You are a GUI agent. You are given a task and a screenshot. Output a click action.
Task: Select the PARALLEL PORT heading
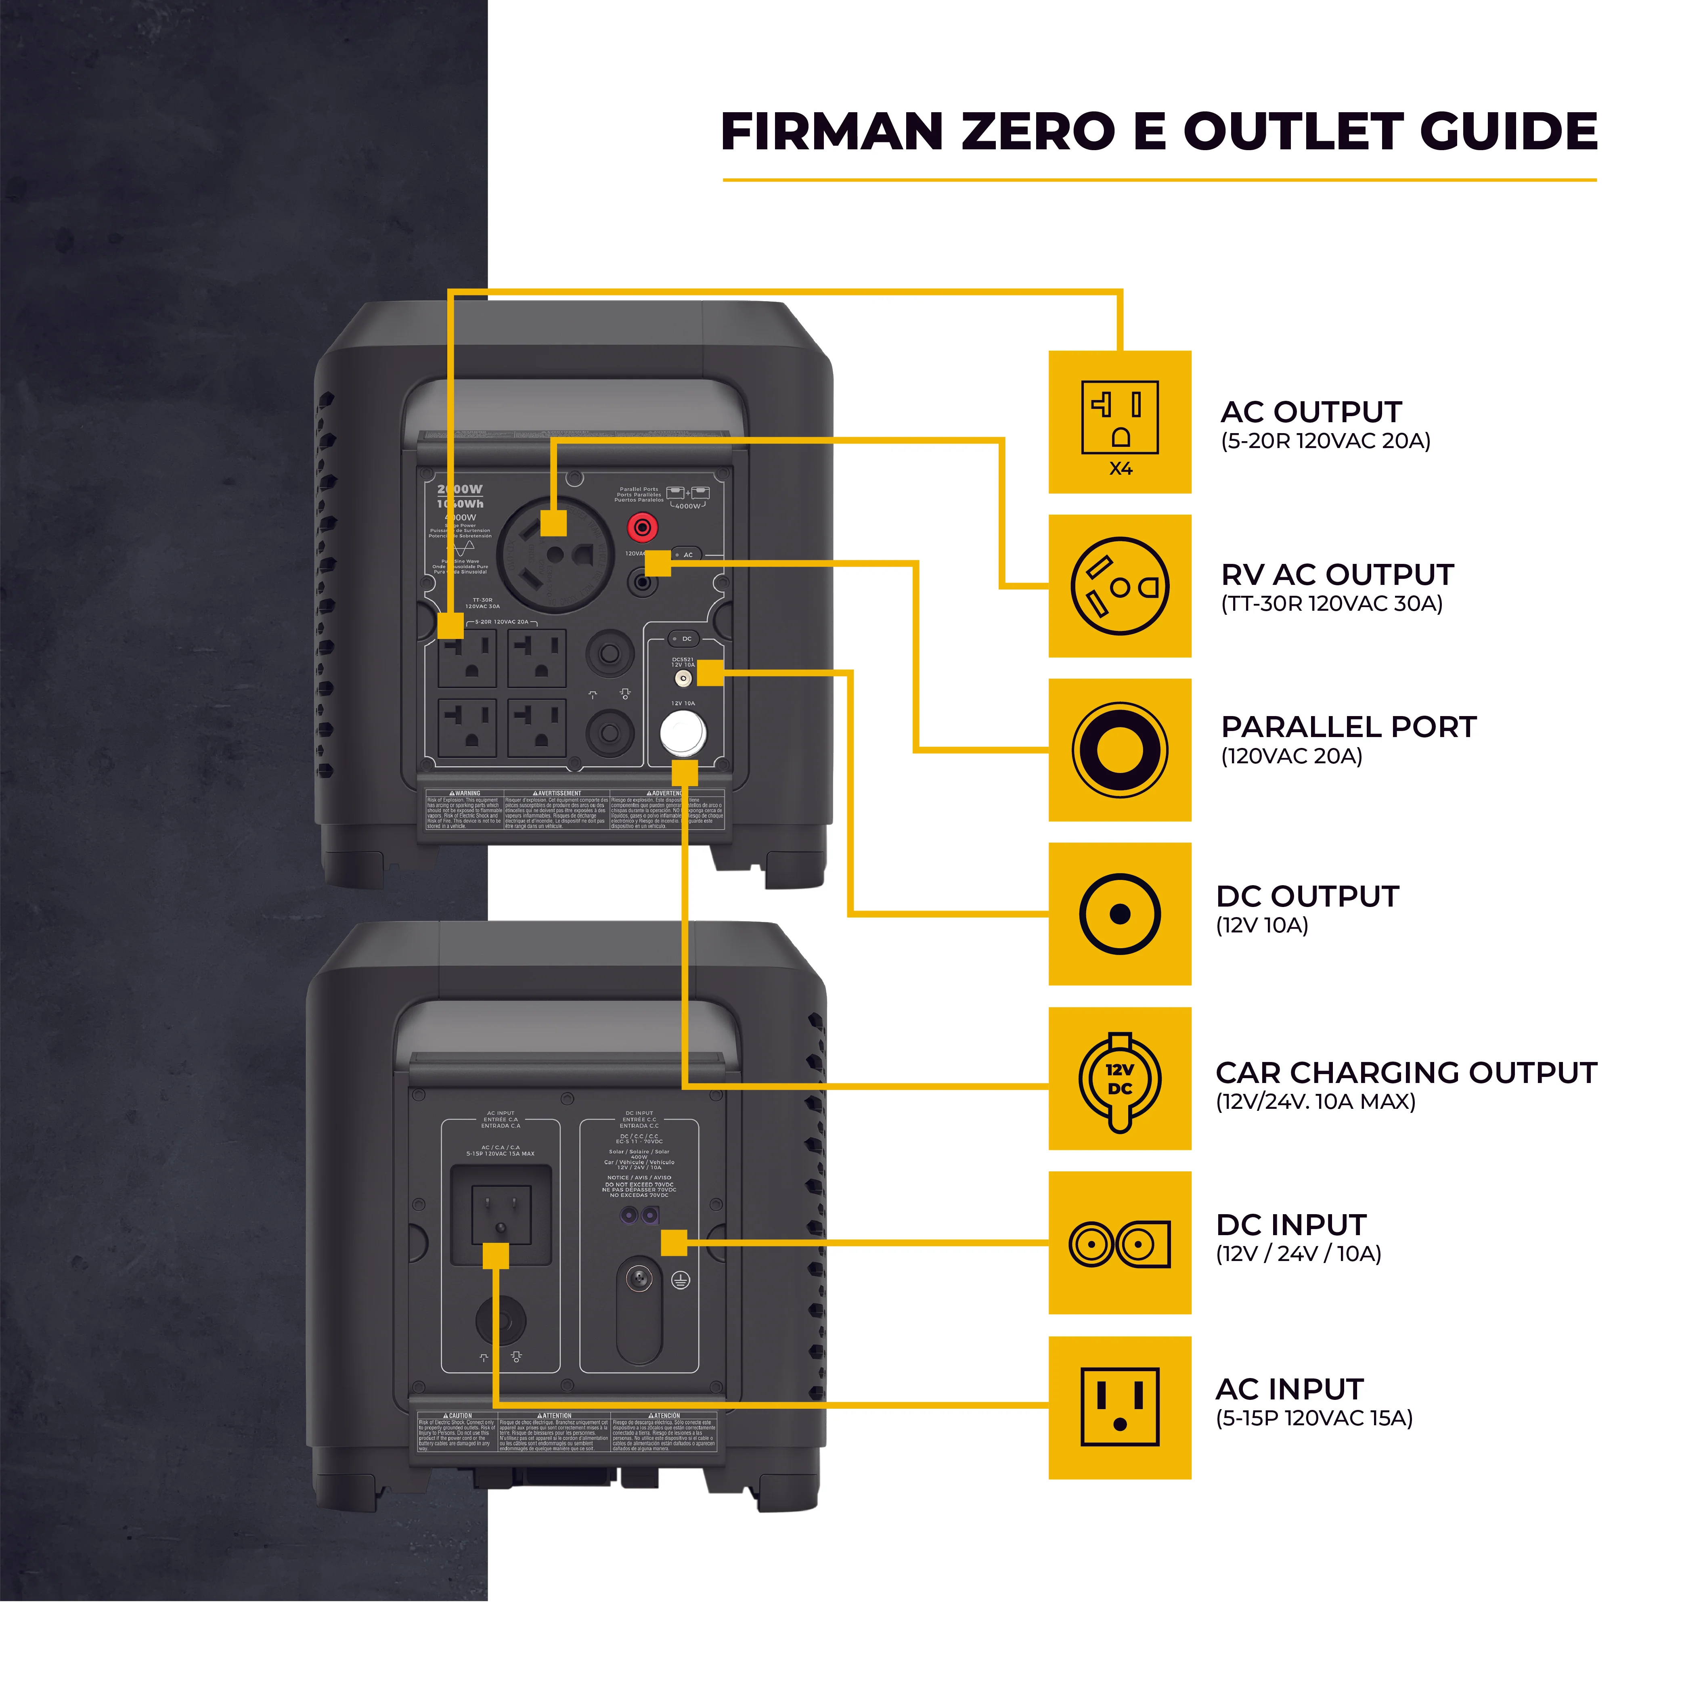[x=1348, y=727]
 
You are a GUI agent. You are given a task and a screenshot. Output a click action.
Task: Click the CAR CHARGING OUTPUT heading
[x=1405, y=1072]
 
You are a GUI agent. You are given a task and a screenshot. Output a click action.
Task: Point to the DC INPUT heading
[x=1290, y=1225]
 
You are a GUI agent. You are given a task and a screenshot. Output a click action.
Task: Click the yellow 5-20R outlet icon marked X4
[x=1120, y=422]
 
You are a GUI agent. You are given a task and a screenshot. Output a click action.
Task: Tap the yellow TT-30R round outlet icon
[x=1120, y=586]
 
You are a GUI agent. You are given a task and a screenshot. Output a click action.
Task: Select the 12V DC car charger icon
[x=1120, y=1079]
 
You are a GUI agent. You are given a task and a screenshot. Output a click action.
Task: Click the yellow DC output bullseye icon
[x=1120, y=914]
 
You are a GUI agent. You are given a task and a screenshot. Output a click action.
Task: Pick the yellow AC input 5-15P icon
[x=1120, y=1407]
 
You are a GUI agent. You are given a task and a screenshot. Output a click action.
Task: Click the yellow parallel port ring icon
[x=1120, y=750]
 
